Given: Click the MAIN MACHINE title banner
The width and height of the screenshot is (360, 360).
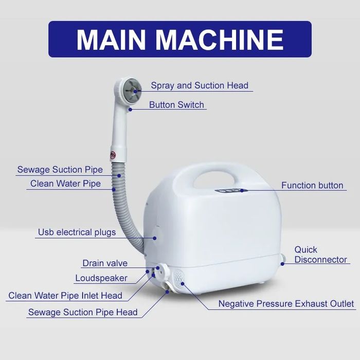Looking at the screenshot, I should point(180,39).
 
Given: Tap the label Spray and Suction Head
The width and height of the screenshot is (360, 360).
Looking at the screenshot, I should point(200,86).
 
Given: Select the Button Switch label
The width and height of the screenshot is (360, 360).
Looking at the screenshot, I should point(176,105).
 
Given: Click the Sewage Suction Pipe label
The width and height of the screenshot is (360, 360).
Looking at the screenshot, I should point(60,170).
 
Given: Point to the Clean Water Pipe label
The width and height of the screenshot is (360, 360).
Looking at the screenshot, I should point(65,183).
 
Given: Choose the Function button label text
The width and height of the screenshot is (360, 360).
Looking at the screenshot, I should point(312,185).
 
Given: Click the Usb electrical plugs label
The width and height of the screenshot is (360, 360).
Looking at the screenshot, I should point(77,232).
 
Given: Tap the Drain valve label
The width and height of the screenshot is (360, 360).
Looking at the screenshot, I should point(105,263).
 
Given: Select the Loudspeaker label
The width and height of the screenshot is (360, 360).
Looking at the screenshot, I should point(101,278).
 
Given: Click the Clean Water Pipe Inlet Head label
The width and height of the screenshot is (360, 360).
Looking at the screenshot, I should point(65,296).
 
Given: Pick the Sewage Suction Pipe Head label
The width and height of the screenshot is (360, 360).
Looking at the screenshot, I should point(83,312).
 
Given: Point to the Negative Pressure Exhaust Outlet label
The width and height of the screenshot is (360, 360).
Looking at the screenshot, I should point(286,304).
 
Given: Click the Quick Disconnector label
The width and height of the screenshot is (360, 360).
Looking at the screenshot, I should point(320,255).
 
